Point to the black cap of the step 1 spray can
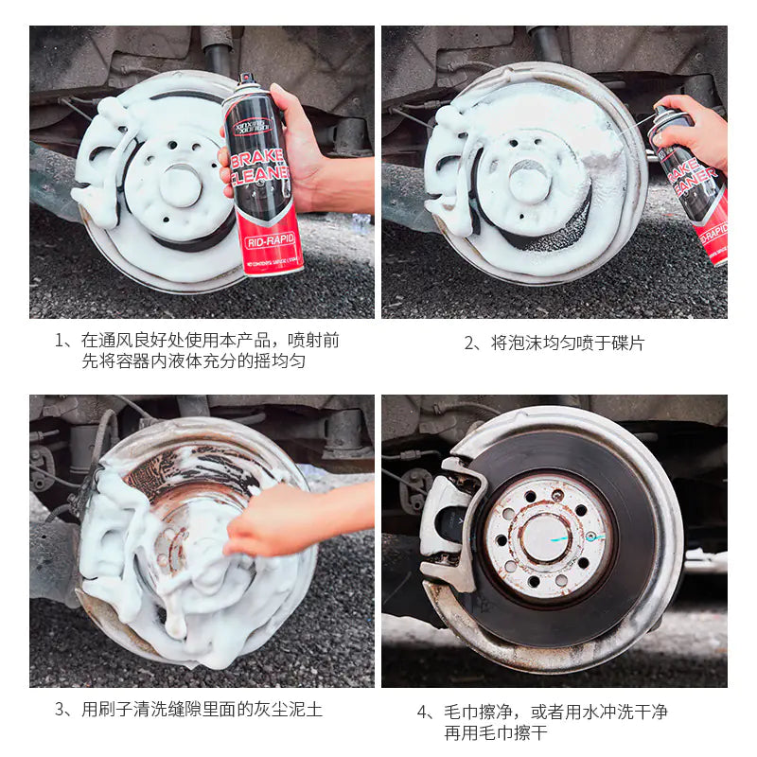coord(248,79)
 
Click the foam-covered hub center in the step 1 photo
coord(181,185)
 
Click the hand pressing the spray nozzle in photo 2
coord(695,132)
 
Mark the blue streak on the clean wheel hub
coord(583,536)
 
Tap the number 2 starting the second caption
coord(469,343)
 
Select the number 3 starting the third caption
coord(60,709)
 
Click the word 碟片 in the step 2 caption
coord(625,343)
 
